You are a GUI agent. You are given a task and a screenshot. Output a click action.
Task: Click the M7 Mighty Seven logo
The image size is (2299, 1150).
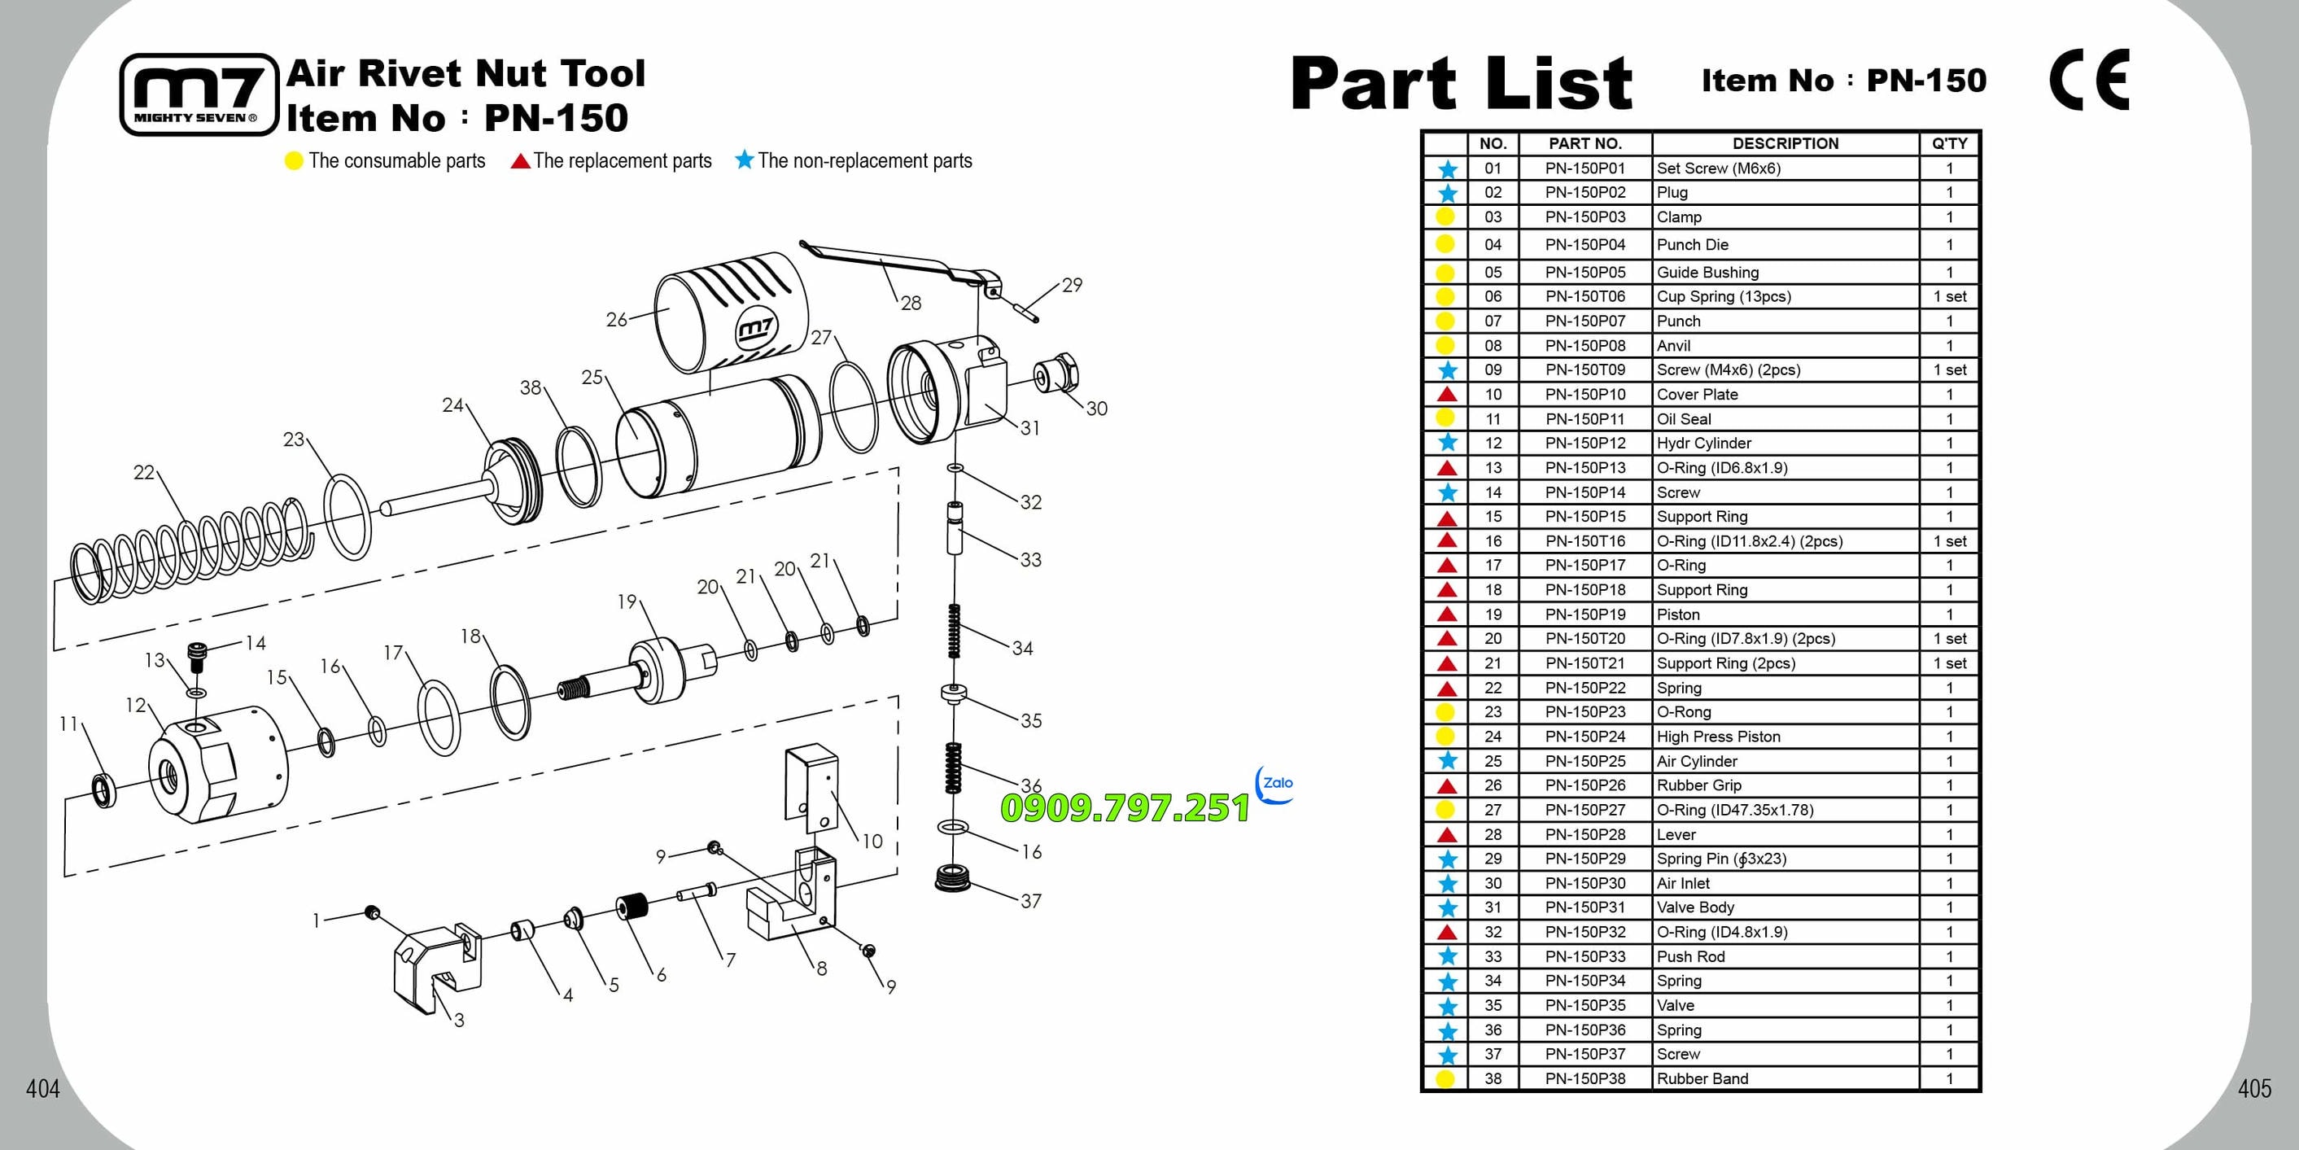199,94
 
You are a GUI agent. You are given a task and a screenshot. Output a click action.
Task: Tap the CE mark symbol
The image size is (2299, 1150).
2089,80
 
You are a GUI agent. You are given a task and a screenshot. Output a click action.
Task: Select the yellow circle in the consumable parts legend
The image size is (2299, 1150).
294,162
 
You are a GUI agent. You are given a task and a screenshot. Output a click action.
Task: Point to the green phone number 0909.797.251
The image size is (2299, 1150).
1125,807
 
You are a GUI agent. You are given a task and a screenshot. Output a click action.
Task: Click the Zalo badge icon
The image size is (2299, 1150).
1274,785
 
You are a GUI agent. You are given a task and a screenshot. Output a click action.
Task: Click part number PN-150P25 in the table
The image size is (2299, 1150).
1585,761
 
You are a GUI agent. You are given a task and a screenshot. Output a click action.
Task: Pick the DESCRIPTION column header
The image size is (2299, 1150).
1785,143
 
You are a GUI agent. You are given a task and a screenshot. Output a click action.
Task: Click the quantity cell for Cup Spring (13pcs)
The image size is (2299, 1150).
1949,296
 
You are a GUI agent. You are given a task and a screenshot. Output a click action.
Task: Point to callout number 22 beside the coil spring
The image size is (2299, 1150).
144,472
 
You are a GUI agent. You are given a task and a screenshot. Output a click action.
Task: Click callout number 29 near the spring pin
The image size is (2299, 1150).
1072,285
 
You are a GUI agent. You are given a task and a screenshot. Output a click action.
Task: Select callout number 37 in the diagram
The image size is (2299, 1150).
1031,901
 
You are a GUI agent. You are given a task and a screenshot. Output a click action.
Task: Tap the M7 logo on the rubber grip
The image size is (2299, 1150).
756,330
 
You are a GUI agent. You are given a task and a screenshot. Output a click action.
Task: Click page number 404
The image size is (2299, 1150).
42,1088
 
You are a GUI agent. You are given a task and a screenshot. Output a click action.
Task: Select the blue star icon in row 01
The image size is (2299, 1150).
1447,168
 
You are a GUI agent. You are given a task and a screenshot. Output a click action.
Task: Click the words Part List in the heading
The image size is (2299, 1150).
1462,82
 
